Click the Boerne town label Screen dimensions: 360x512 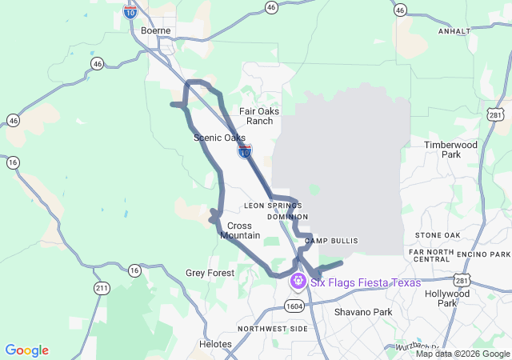[x=156, y=30]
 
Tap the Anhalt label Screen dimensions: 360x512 [x=455, y=30]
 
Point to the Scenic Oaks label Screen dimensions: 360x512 [x=219, y=138]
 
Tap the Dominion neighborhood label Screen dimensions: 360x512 [x=287, y=216]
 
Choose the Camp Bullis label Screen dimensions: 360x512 [x=331, y=241]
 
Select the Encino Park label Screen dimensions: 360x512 [x=482, y=253]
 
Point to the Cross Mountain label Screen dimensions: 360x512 [x=240, y=230]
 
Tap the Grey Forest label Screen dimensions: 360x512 [x=210, y=273]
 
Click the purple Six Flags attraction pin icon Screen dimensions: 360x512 [x=298, y=282]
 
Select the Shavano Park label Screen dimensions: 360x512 [x=363, y=311]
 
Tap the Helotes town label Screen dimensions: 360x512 [x=214, y=344]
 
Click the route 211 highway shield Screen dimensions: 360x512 [x=102, y=288]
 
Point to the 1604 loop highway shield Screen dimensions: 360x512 [x=292, y=305]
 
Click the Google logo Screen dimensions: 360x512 [x=27, y=350]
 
